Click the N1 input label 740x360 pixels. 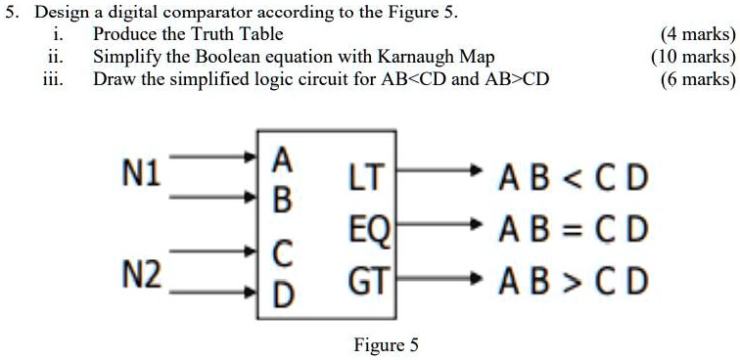tap(143, 176)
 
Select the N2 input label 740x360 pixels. tap(143, 275)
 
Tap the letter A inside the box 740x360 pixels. tap(281, 158)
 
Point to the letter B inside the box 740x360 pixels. tap(281, 202)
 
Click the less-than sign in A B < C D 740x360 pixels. tap(571, 180)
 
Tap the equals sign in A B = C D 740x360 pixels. tap(571, 231)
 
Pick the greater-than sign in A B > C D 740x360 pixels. tap(571, 282)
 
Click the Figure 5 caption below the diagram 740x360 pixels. tap(386, 344)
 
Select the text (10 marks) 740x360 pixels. tap(693, 57)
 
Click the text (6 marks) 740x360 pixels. tap(697, 78)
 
